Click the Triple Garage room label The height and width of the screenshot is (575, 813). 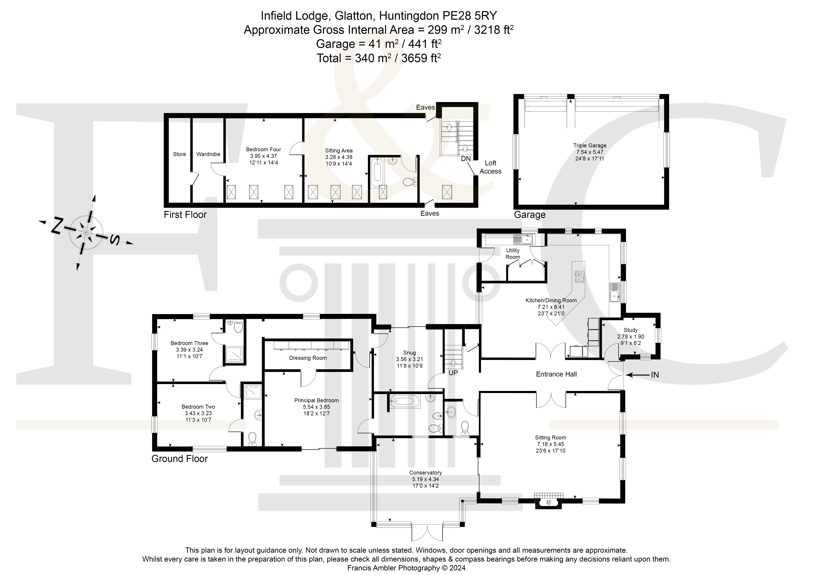coord(590,146)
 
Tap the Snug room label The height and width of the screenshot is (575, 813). coord(409,353)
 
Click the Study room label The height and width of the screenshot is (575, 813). coord(631,330)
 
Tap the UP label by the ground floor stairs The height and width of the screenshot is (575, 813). coord(453,373)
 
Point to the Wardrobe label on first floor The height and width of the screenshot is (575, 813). coord(208,154)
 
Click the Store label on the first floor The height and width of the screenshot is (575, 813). coord(179,154)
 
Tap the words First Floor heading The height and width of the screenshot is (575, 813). coord(185,215)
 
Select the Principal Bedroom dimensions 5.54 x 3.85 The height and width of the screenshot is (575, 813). coord(317,407)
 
